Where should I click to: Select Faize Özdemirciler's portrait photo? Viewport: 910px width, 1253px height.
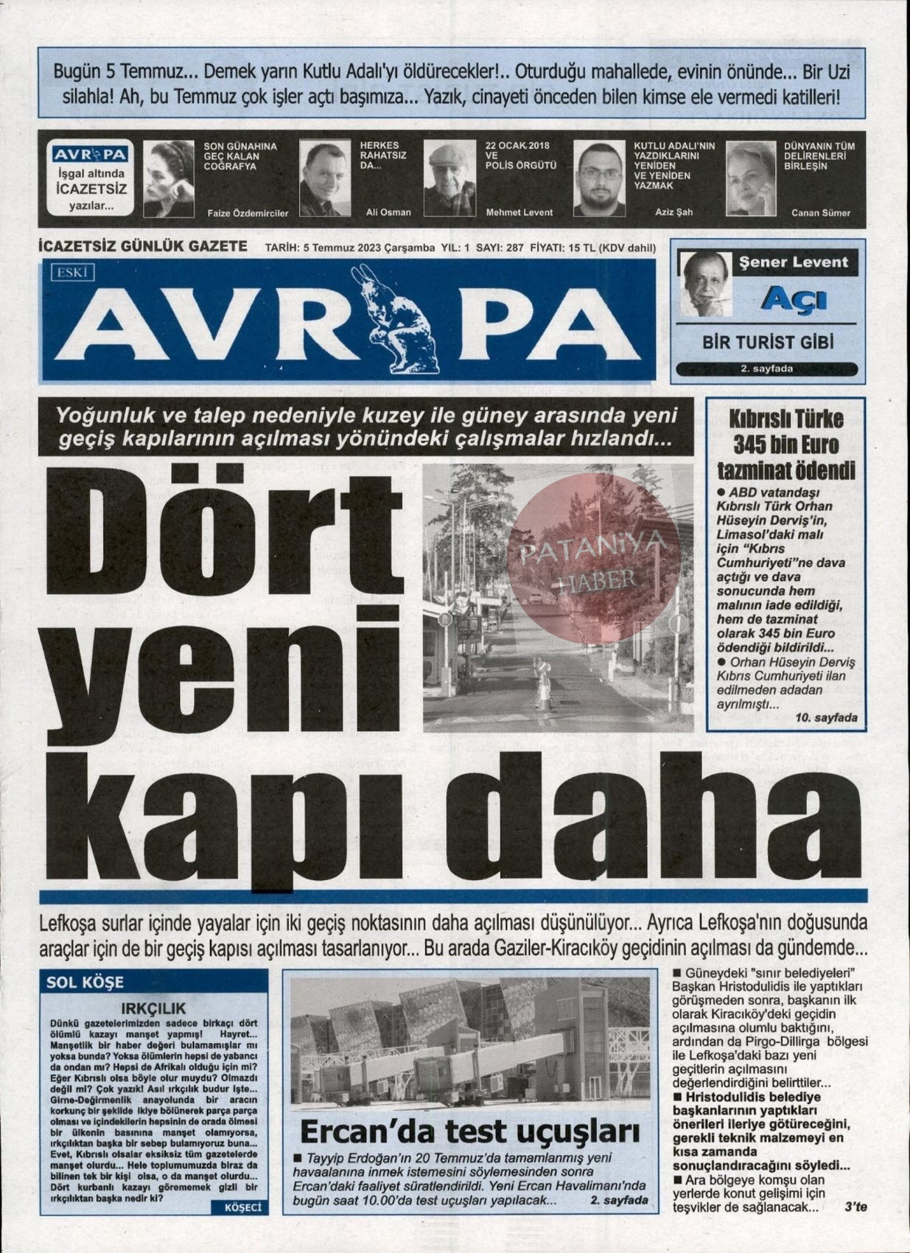click(169, 179)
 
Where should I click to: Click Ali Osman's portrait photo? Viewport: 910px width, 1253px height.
click(325, 178)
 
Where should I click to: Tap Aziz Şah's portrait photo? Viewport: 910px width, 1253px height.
click(599, 179)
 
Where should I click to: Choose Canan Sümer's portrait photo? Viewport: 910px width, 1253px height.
click(751, 179)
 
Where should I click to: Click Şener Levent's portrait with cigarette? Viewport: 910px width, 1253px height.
click(704, 284)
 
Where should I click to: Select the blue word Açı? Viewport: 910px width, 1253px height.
click(794, 300)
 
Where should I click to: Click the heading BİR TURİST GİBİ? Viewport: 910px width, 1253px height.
click(767, 343)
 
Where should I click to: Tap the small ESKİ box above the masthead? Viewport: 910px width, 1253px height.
click(73, 273)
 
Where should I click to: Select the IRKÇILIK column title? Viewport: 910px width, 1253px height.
click(153, 1008)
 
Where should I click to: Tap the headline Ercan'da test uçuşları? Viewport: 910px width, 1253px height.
click(469, 1131)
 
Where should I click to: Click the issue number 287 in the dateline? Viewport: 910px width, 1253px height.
click(514, 248)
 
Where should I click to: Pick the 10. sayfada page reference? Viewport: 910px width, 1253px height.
click(827, 717)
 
